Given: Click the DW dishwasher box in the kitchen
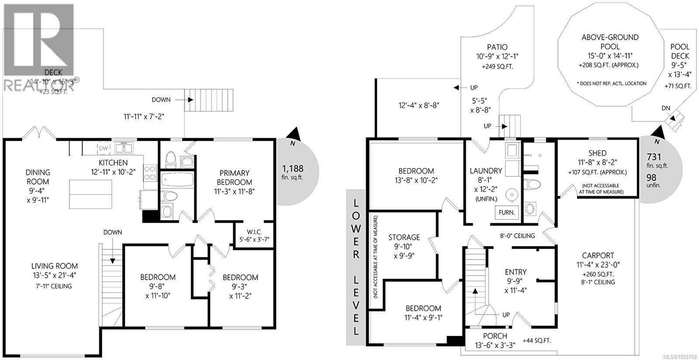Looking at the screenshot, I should [x=104, y=149].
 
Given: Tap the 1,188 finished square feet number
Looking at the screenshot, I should [x=292, y=168].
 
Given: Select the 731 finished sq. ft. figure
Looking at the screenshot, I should [x=654, y=157].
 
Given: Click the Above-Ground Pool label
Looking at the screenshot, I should [x=610, y=42].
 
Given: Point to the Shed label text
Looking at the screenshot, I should [x=597, y=153].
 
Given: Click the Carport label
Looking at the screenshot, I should [x=598, y=256].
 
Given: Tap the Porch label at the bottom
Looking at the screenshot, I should [x=495, y=336].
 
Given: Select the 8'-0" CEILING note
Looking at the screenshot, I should [x=517, y=236].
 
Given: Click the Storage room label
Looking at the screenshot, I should [x=404, y=237].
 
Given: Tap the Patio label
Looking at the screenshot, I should [x=497, y=47].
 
